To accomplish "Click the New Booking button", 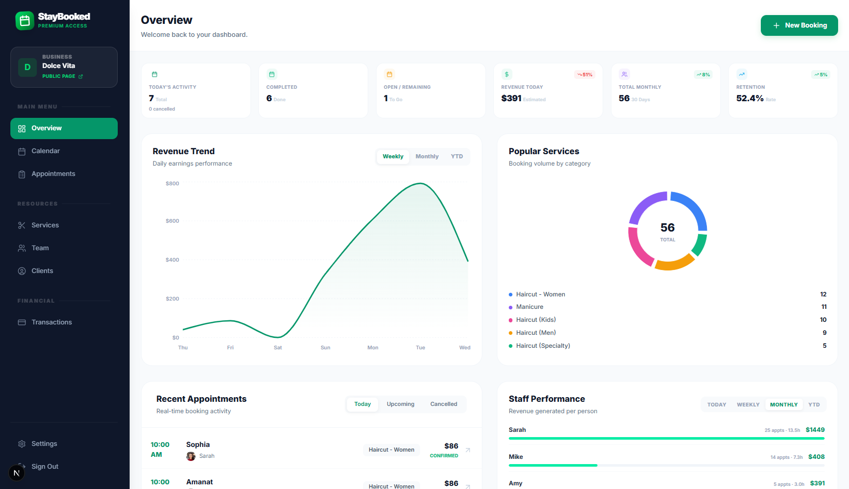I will click(x=799, y=25).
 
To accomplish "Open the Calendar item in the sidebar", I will click(x=46, y=151).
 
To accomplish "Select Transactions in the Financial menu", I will click(x=51, y=322).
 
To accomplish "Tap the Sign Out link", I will click(x=45, y=467).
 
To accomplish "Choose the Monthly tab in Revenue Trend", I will click(x=427, y=157).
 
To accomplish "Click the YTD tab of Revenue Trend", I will click(x=456, y=157).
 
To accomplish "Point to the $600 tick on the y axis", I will click(x=172, y=221).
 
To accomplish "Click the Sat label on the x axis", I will click(x=278, y=348).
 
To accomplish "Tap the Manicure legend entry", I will click(x=530, y=307).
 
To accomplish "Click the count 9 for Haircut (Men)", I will click(x=824, y=333).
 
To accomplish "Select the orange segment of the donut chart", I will click(x=674, y=263).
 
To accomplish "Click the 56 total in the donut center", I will click(x=667, y=228).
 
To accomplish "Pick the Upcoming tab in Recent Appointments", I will click(x=400, y=404).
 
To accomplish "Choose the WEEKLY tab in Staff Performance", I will click(x=748, y=405).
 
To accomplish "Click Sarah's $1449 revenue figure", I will click(x=815, y=430).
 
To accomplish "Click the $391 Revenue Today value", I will click(x=511, y=99).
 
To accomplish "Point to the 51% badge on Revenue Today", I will click(x=584, y=75).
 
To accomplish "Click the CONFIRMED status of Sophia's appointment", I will click(x=444, y=456).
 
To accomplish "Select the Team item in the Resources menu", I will click(x=40, y=248).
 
